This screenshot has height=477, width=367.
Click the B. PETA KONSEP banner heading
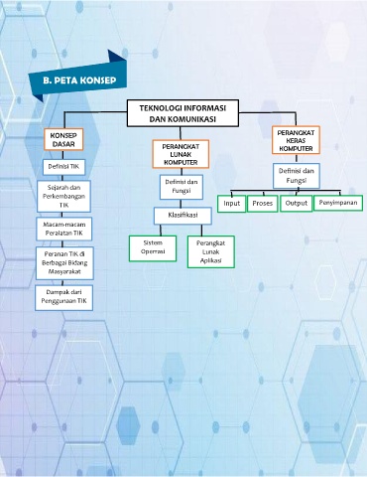tap(79, 80)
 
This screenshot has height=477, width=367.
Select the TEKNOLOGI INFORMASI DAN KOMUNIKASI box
tap(183, 113)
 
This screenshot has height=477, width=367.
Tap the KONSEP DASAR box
tap(63, 139)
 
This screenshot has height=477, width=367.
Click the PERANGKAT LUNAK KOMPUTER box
tap(181, 154)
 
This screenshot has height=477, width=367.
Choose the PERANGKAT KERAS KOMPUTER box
tap(296, 140)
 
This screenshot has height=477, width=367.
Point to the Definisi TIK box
tap(63, 167)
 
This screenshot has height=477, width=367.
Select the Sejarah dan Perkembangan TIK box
tap(63, 196)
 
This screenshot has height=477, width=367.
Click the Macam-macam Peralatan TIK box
tap(64, 229)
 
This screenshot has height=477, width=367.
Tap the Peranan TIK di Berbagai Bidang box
tap(64, 263)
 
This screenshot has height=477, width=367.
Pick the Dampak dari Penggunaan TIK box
tap(63, 298)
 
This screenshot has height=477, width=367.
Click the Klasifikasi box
tap(183, 216)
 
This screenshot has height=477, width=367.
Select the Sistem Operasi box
tap(153, 248)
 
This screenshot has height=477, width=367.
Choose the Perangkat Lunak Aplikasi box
tap(211, 251)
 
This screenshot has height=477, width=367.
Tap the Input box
tap(231, 204)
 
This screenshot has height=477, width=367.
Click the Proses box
tap(262, 204)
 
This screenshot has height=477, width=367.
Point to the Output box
tap(297, 204)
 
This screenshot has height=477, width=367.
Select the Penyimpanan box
tap(338, 203)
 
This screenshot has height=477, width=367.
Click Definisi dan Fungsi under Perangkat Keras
tap(297, 176)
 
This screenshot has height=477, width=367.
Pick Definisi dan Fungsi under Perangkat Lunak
tap(182, 187)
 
